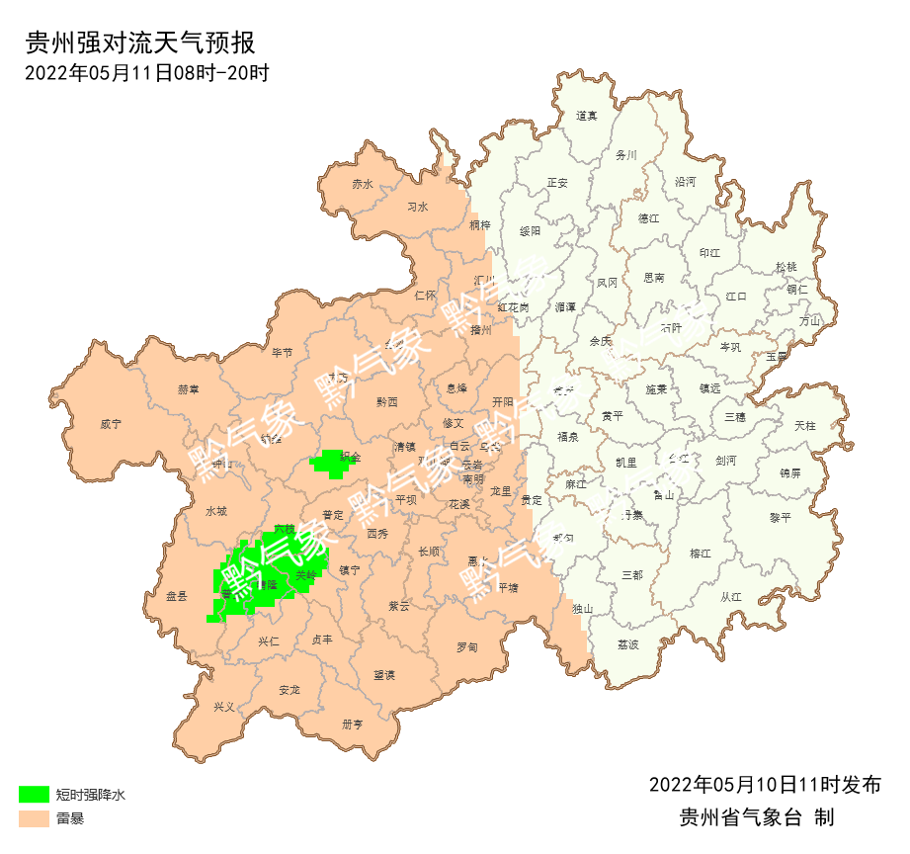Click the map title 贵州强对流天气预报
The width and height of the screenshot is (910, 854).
(x=140, y=43)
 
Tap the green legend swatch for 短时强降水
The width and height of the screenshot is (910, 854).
(x=34, y=794)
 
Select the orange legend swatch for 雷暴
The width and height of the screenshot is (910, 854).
(x=34, y=818)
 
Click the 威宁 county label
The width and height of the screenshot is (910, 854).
(x=111, y=424)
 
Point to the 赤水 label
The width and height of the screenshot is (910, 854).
(x=363, y=185)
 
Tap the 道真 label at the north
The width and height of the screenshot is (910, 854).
(x=587, y=116)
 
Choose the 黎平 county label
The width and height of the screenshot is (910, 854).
(x=781, y=518)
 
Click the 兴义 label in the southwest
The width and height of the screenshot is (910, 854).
(x=224, y=707)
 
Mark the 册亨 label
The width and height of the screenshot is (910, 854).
(x=353, y=725)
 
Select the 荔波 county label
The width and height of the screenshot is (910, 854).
(x=628, y=644)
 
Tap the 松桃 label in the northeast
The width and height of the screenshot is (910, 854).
(x=786, y=267)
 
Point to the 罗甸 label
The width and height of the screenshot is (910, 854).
(x=466, y=647)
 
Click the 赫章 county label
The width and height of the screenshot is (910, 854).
(x=189, y=389)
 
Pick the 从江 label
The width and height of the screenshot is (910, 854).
(x=731, y=597)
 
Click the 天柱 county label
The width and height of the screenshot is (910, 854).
(x=805, y=426)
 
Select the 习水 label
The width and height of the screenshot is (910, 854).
(x=418, y=208)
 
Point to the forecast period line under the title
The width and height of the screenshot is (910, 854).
(x=146, y=72)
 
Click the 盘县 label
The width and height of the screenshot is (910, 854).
(x=177, y=596)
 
